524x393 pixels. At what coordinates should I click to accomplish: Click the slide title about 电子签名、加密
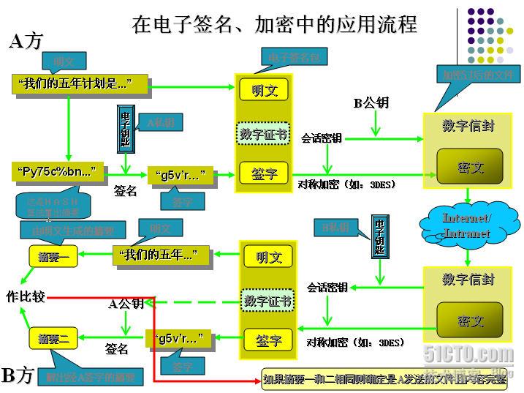[274, 25]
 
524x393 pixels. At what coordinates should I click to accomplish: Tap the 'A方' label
[26, 42]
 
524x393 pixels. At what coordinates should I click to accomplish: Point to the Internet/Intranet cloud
[467, 225]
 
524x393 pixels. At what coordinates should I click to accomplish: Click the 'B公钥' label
[371, 103]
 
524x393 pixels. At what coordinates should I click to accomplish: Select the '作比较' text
[26, 296]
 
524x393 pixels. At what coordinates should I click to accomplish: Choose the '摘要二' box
[53, 339]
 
